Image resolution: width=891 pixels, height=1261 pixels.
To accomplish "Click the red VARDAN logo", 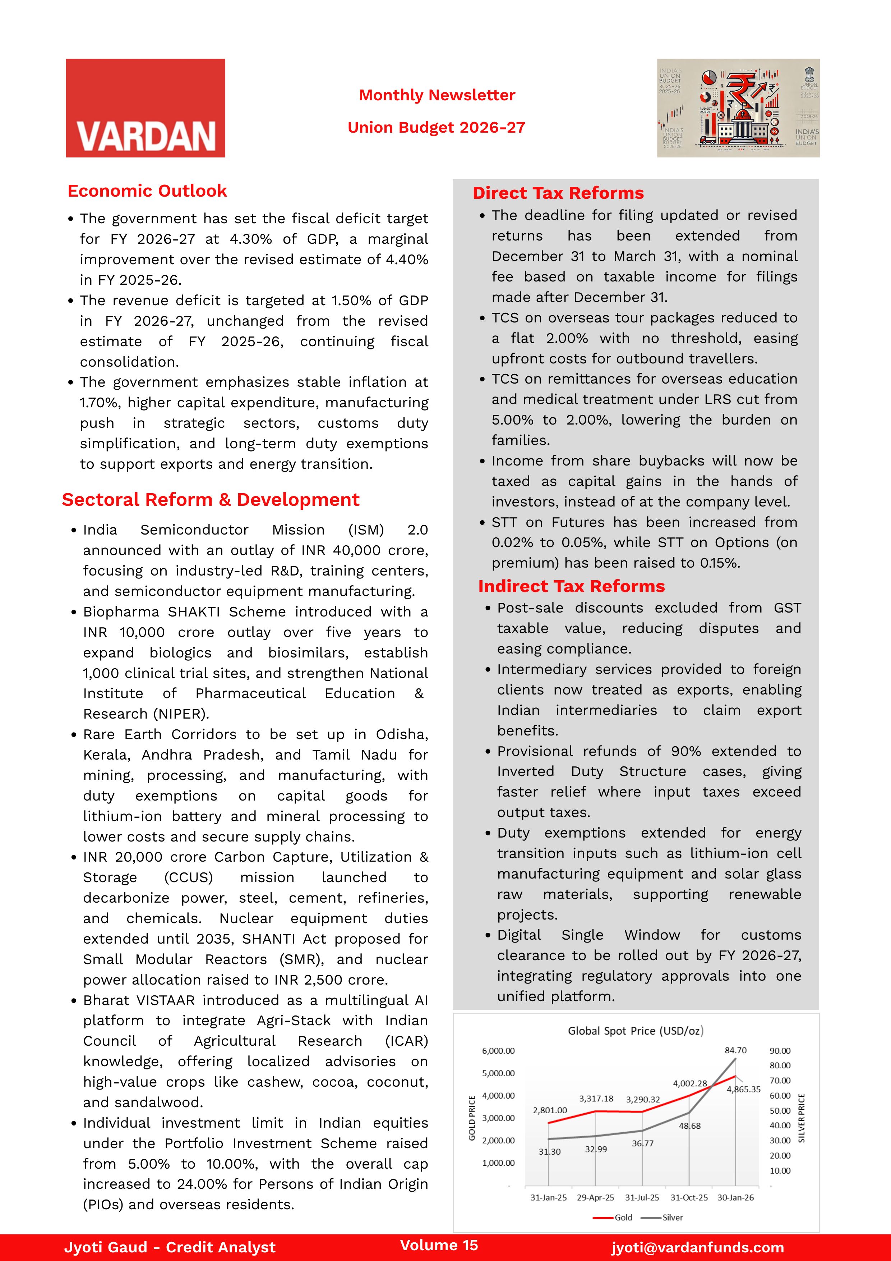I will coord(146,108).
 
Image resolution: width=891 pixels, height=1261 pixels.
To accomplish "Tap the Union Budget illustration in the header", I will coord(738,108).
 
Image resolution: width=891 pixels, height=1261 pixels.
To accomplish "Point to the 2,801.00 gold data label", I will coord(550,1110).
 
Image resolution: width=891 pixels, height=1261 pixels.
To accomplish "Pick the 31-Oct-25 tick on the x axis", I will coord(689,1197).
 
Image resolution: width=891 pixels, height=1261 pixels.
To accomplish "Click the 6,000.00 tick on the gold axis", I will coord(498,1051).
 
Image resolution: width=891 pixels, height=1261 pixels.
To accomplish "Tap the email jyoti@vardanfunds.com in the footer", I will coord(697,1247).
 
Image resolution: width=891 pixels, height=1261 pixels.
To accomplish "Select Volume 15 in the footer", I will coord(439,1245).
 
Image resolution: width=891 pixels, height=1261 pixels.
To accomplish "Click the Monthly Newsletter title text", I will coord(437,95).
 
